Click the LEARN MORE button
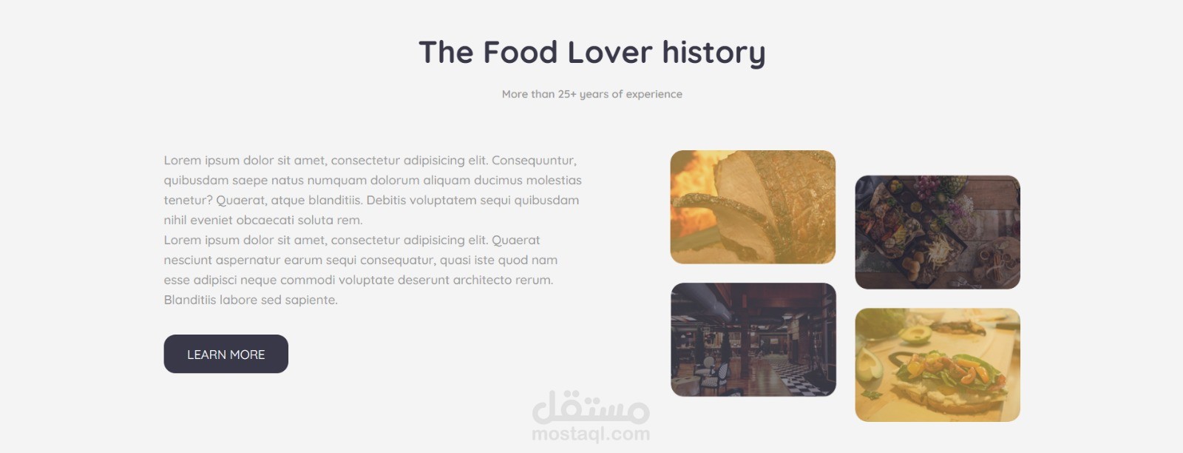point(226,354)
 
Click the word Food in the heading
point(521,53)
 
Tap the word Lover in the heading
point(610,53)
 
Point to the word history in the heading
point(713,53)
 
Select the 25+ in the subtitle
point(567,94)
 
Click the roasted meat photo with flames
point(753,207)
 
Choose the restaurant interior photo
point(753,339)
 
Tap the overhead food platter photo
point(938,232)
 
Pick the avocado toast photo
point(938,365)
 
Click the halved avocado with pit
point(915,334)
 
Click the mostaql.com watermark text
point(591,434)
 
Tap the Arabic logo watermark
point(591,407)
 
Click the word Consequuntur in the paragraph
point(534,161)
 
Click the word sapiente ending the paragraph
point(311,301)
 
